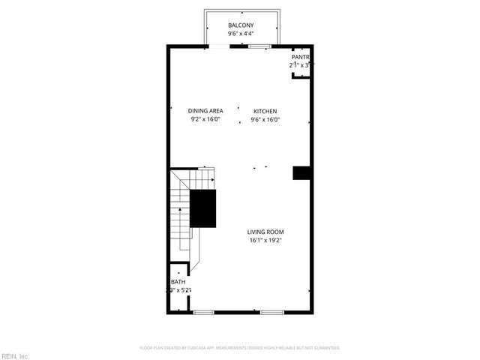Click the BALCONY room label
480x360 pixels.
click(240, 25)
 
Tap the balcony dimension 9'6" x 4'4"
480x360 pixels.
click(240, 34)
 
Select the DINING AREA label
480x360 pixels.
click(205, 111)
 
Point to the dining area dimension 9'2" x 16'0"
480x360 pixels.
click(205, 119)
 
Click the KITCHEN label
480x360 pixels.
click(265, 111)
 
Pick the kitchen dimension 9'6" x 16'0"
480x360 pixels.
click(265, 119)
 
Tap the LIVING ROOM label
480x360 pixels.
click(266, 232)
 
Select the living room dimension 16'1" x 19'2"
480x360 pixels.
click(266, 240)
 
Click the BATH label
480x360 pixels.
click(178, 282)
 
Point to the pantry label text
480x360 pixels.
click(300, 57)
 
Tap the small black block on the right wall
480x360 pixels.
click(301, 172)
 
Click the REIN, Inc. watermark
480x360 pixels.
click(15, 355)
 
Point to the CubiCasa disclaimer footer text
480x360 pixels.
click(240, 348)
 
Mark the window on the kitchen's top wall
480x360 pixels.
click(259, 47)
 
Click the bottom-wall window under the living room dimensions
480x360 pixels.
click(271, 311)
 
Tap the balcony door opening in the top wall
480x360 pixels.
click(220, 47)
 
